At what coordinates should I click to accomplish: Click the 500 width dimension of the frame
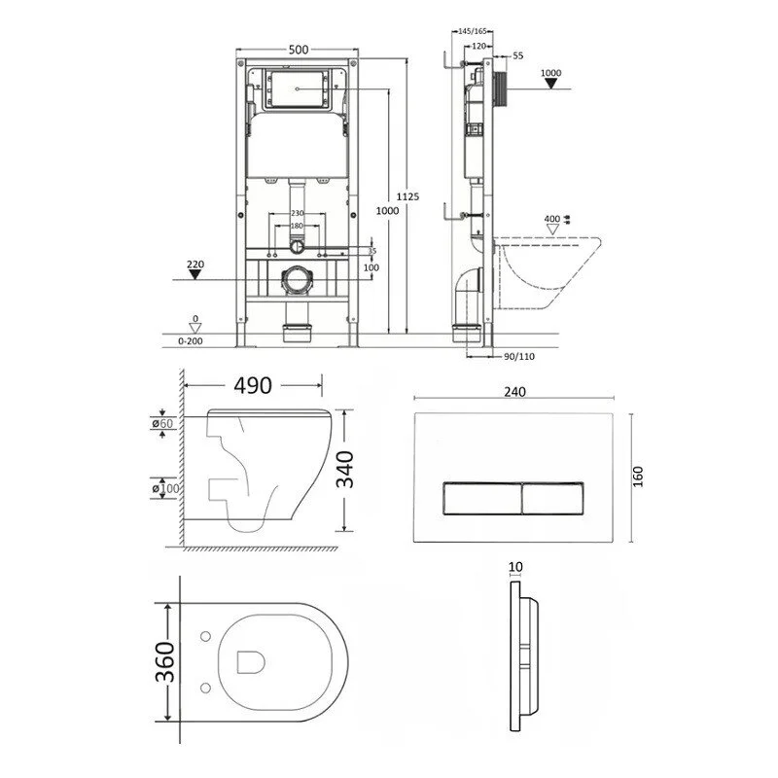point(299,50)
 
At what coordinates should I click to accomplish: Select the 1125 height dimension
point(407,196)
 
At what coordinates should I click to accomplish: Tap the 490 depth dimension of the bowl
point(253,385)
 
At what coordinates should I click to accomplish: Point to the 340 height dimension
point(345,470)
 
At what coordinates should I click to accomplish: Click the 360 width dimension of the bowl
point(165,662)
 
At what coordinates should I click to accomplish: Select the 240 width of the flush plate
point(514,392)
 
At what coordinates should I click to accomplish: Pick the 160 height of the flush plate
point(638,477)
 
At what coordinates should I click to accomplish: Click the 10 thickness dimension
point(515,567)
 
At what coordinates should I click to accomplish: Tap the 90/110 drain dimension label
point(519,356)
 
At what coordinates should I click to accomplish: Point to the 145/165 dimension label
point(473,31)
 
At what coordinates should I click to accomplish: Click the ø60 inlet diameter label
point(162,423)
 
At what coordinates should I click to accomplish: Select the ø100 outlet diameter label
point(165,489)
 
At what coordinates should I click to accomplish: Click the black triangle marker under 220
point(195,274)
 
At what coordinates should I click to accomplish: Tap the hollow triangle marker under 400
point(552,230)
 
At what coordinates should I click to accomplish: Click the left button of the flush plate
point(481,498)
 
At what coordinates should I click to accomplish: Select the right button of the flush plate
point(552,498)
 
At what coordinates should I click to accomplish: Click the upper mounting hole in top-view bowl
point(205,636)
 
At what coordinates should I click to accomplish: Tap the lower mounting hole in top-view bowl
point(205,688)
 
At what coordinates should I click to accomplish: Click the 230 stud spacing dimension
point(298,213)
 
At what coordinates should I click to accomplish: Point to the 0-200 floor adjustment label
point(191,341)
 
